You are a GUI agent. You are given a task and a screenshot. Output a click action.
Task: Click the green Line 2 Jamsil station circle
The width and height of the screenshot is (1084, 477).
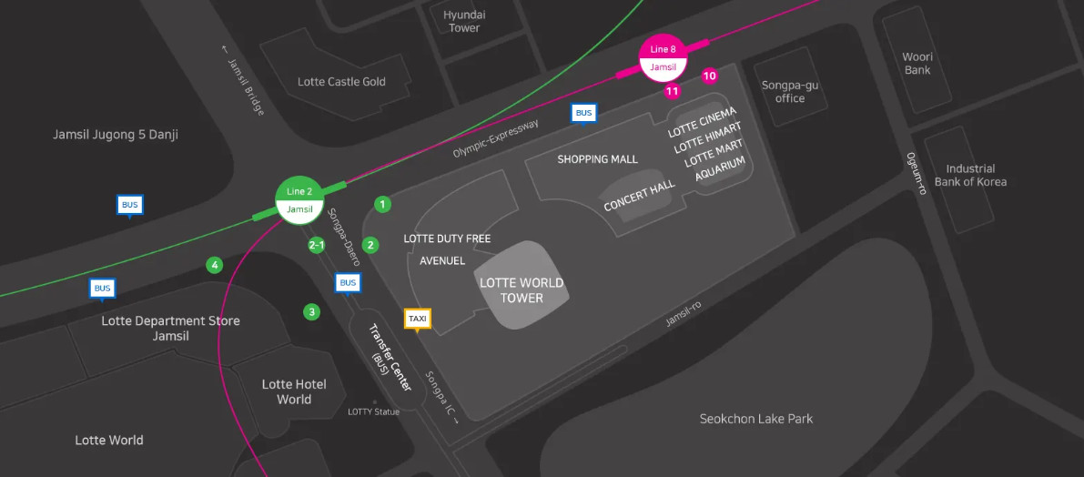click(x=299, y=199)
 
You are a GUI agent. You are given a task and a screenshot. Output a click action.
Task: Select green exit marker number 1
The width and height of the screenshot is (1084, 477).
click(x=383, y=204)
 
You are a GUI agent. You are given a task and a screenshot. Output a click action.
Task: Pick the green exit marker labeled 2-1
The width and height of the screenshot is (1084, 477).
click(x=317, y=245)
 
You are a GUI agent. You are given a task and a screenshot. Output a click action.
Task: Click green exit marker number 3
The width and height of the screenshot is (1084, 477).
click(x=312, y=312)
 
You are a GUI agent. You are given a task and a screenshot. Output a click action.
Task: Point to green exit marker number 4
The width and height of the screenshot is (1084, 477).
click(x=215, y=266)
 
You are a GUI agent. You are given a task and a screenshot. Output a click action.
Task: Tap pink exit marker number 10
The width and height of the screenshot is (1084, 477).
click(x=710, y=76)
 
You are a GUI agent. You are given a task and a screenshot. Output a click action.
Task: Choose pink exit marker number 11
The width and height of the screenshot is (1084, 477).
click(x=673, y=91)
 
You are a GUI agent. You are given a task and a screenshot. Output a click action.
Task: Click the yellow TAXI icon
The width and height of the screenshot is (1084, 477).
click(x=418, y=319)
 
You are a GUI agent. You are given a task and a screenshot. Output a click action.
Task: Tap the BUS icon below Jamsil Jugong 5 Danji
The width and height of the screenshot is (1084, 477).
click(x=130, y=205)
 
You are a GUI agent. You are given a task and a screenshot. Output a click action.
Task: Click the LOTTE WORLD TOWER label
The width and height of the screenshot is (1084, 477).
click(x=522, y=290)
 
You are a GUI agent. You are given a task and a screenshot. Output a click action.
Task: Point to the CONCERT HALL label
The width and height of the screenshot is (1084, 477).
click(x=640, y=196)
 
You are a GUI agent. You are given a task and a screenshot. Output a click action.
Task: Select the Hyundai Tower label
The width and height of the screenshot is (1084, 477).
click(x=464, y=22)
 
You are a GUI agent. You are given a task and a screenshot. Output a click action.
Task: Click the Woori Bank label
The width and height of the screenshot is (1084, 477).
click(x=917, y=64)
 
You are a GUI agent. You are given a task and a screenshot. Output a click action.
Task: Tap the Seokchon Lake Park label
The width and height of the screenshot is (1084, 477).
click(x=756, y=419)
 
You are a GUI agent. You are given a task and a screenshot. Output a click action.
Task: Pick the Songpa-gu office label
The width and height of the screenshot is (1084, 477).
click(x=790, y=92)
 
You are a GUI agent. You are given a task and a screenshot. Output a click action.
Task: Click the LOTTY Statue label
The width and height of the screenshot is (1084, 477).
click(x=373, y=411)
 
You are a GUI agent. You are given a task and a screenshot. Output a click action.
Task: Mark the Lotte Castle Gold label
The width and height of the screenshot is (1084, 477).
click(x=341, y=82)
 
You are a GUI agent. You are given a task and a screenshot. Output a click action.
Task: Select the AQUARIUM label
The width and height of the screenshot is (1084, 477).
click(x=721, y=169)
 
